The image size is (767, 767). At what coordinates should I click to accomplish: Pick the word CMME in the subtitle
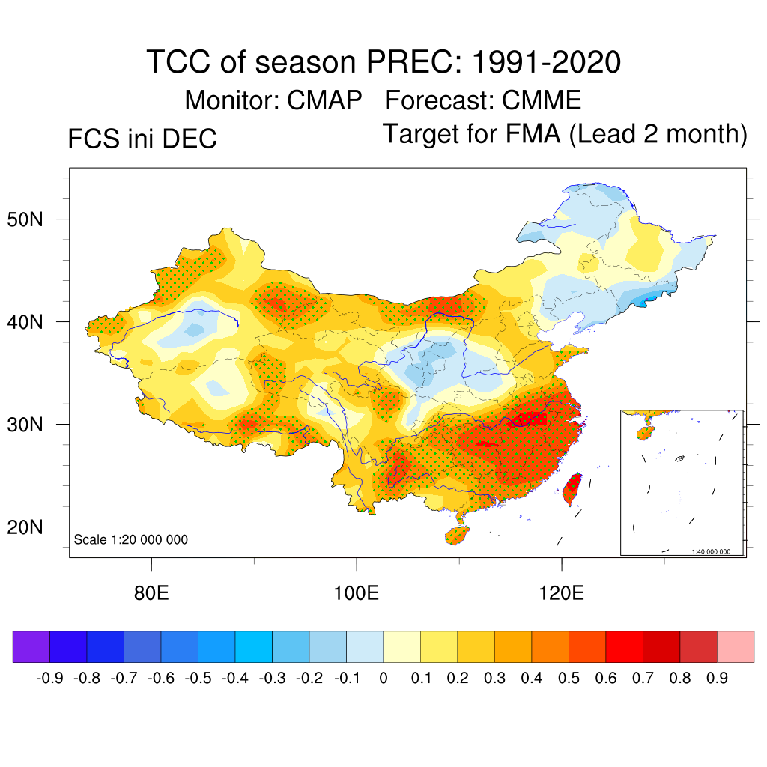pyautogui.click(x=542, y=100)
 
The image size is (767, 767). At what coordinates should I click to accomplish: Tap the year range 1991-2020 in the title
pyautogui.click(x=546, y=62)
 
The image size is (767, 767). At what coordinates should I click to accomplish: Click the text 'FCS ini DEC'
pyautogui.click(x=142, y=139)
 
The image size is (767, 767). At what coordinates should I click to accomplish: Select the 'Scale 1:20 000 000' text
pyautogui.click(x=131, y=539)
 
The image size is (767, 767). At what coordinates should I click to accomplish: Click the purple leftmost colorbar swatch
pyautogui.click(x=31, y=646)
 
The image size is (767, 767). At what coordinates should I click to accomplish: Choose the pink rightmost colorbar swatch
pyautogui.click(x=736, y=646)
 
